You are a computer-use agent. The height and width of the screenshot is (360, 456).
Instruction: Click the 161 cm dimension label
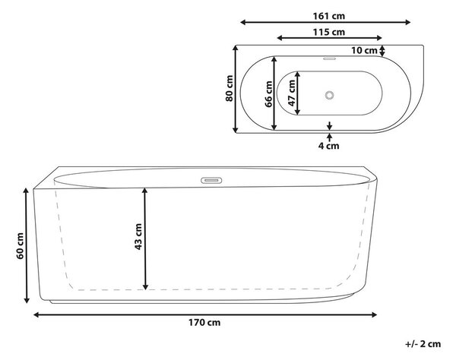[328, 16]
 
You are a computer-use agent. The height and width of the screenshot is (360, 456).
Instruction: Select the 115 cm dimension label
[328, 32]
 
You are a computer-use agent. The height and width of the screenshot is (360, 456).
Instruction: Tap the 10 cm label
[364, 51]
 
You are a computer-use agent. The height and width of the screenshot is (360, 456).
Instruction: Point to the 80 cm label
[230, 88]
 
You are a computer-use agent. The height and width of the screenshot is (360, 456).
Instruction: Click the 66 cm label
[269, 94]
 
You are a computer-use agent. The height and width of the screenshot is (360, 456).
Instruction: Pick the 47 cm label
[291, 93]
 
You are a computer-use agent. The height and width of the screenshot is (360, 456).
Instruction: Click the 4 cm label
[328, 146]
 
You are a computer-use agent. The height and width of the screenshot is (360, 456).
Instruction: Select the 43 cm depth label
[138, 236]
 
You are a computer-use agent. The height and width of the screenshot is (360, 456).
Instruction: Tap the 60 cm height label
[20, 246]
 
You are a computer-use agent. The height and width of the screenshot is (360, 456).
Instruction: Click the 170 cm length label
[204, 323]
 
